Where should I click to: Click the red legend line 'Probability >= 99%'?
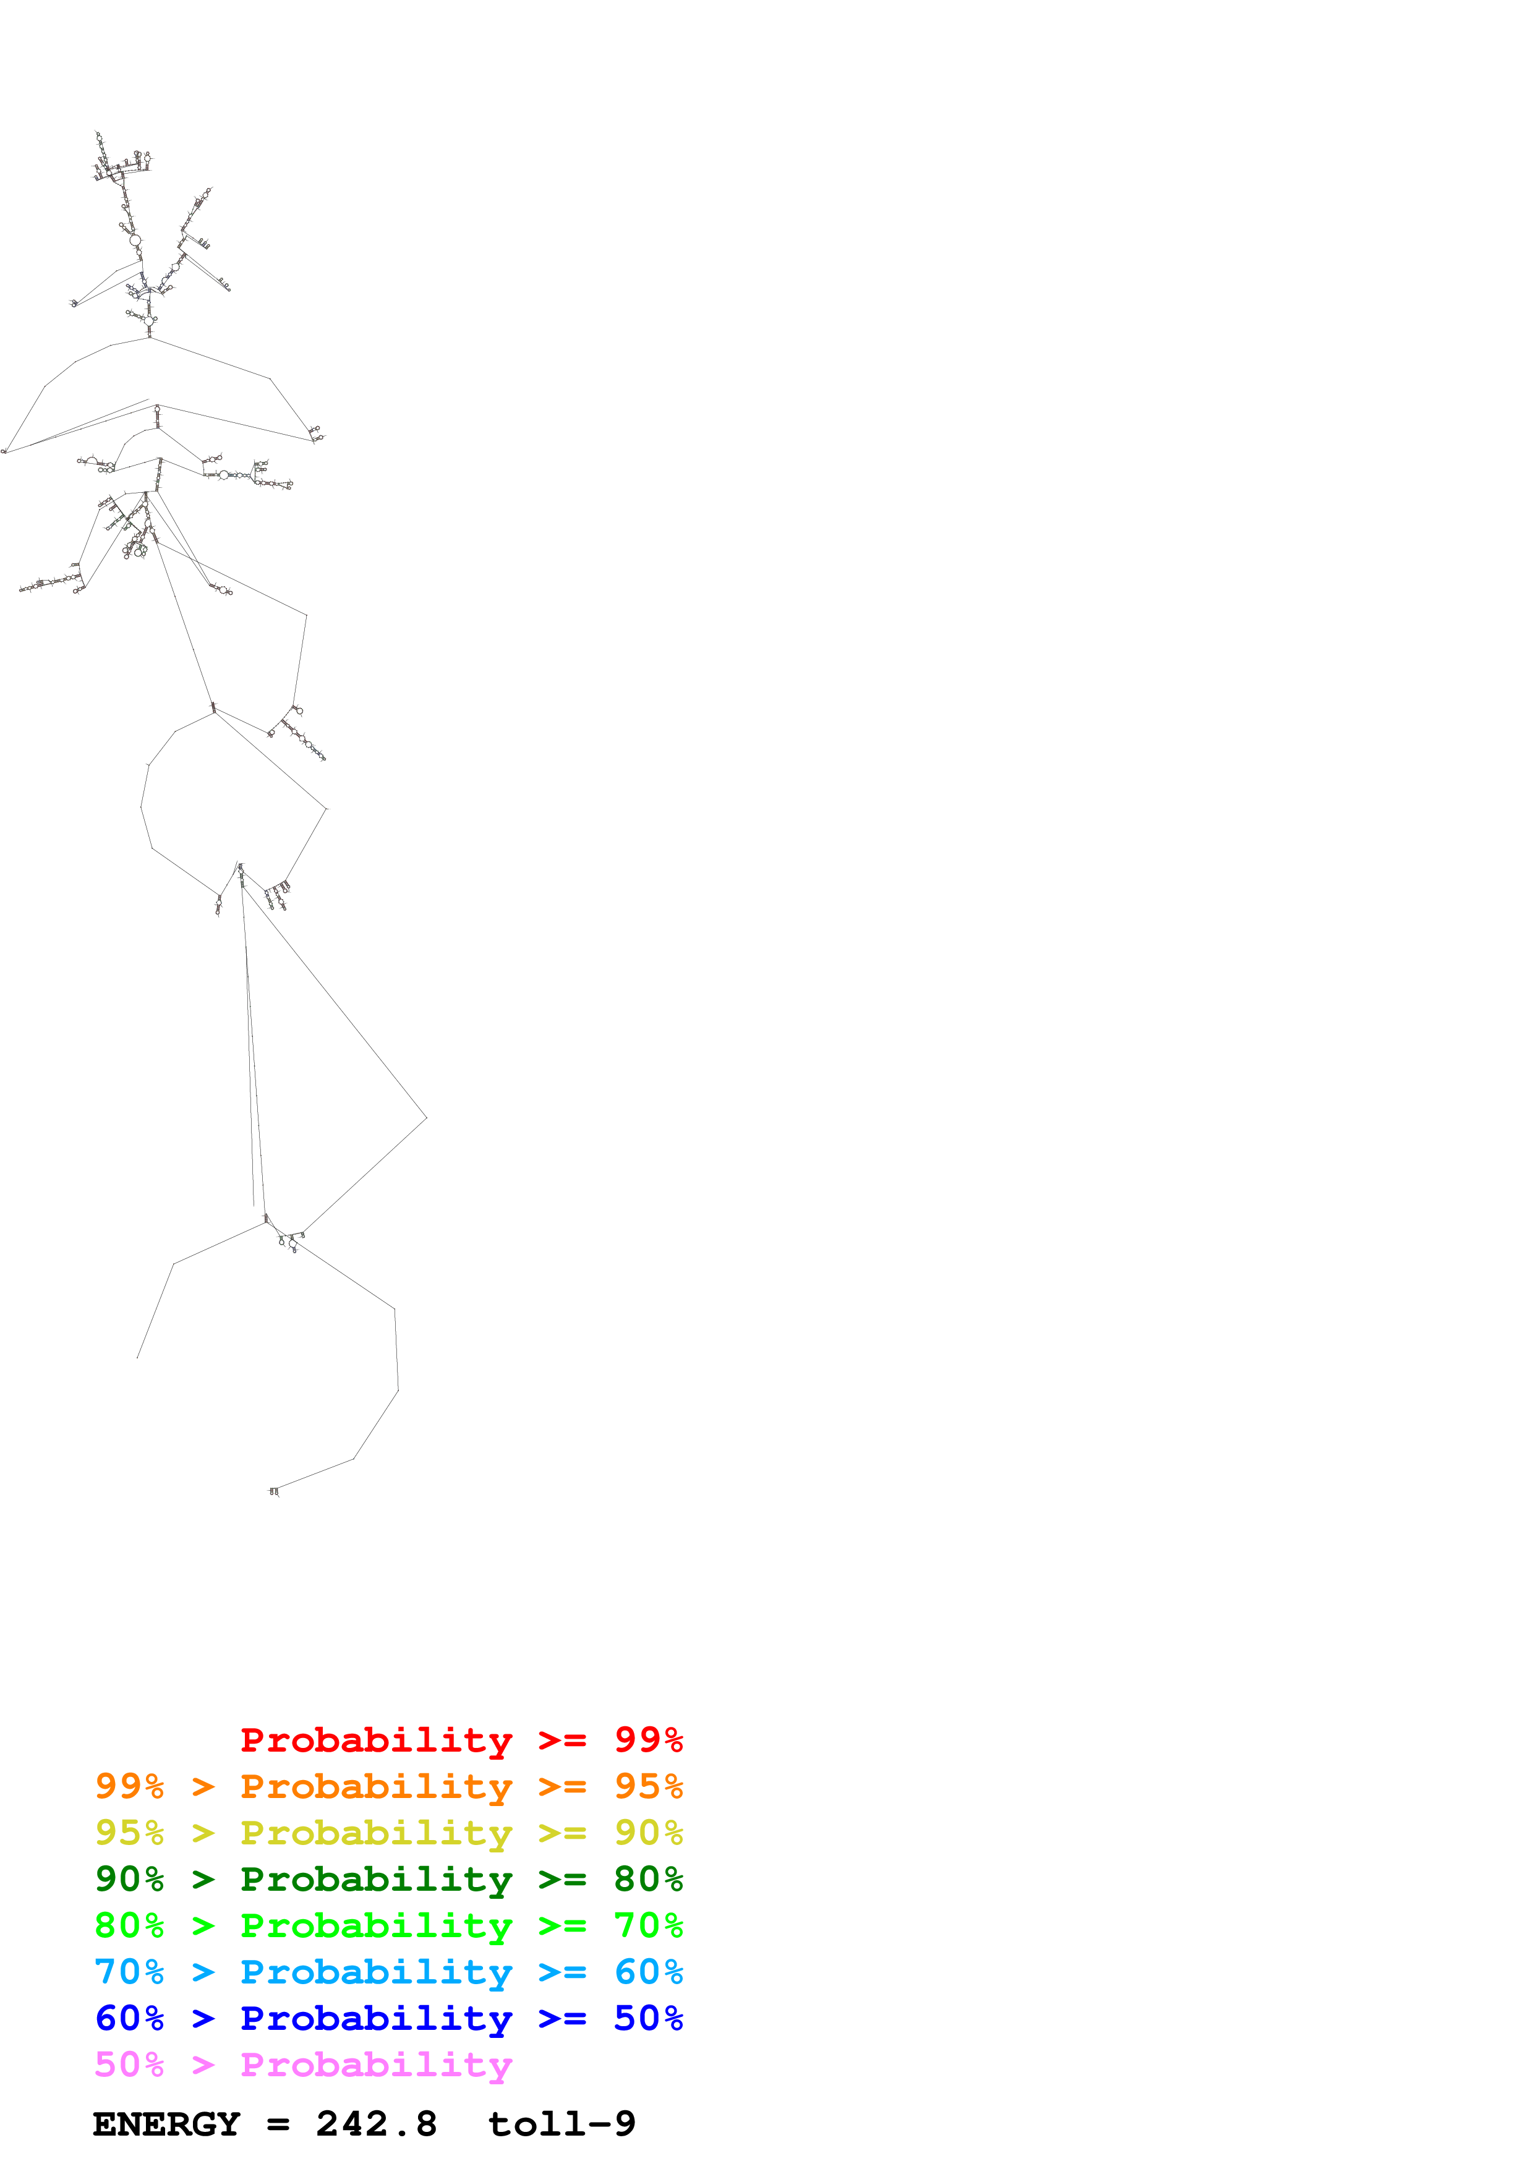click(x=461, y=1740)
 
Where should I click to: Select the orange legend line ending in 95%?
click(x=388, y=1786)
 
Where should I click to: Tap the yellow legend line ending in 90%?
click(x=388, y=1833)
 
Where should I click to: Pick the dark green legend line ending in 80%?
click(x=388, y=1879)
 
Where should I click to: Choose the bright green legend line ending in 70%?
click(x=388, y=1925)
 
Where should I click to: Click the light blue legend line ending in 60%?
click(x=388, y=1972)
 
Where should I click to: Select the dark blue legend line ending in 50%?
click(x=388, y=2018)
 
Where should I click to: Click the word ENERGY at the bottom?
click(x=166, y=2124)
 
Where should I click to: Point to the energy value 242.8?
click(x=376, y=2124)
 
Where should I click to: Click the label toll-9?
click(x=561, y=2124)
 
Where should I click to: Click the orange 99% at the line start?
click(x=129, y=1786)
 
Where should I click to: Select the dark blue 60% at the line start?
click(x=129, y=2018)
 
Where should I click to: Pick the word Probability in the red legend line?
click(x=376, y=1740)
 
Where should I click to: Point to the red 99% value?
click(x=648, y=1740)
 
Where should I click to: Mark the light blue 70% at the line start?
click(x=129, y=1972)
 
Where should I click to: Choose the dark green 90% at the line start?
click(x=129, y=1879)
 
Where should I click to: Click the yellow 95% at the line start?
click(x=129, y=1833)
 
